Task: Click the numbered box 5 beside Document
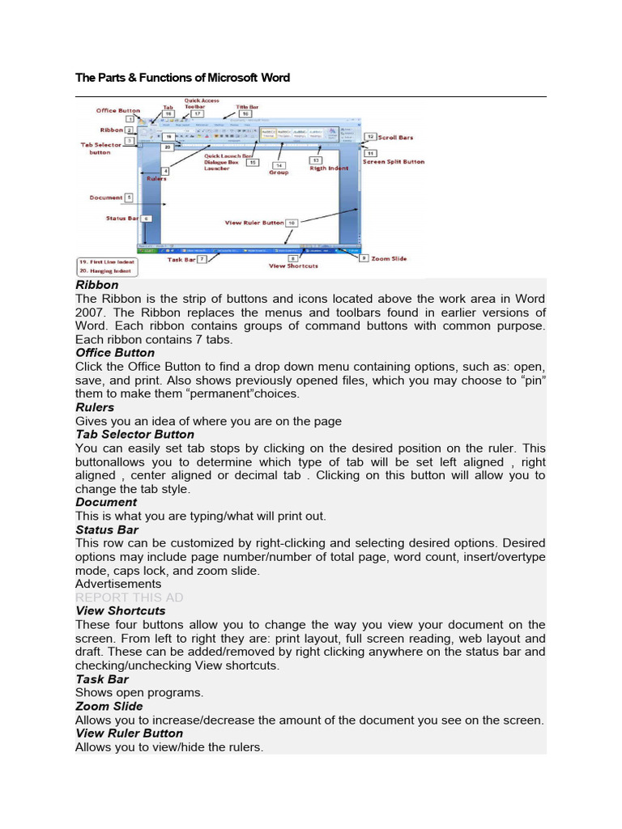pos(130,197)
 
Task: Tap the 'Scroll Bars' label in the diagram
pos(394,138)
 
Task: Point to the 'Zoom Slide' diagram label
pos(389,258)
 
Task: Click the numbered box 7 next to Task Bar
pos(202,259)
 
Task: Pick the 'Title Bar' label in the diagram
pos(247,106)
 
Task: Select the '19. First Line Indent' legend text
pos(107,262)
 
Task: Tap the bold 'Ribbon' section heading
pos(96,285)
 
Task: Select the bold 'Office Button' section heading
pos(114,353)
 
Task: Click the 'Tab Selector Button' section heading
pos(134,435)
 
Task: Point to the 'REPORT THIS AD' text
pos(129,597)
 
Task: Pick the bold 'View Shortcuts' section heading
pos(120,611)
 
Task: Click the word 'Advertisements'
pos(117,584)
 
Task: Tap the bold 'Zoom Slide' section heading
pos(109,707)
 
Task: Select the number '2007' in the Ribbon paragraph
pos(89,312)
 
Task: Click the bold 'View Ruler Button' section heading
pos(129,733)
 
